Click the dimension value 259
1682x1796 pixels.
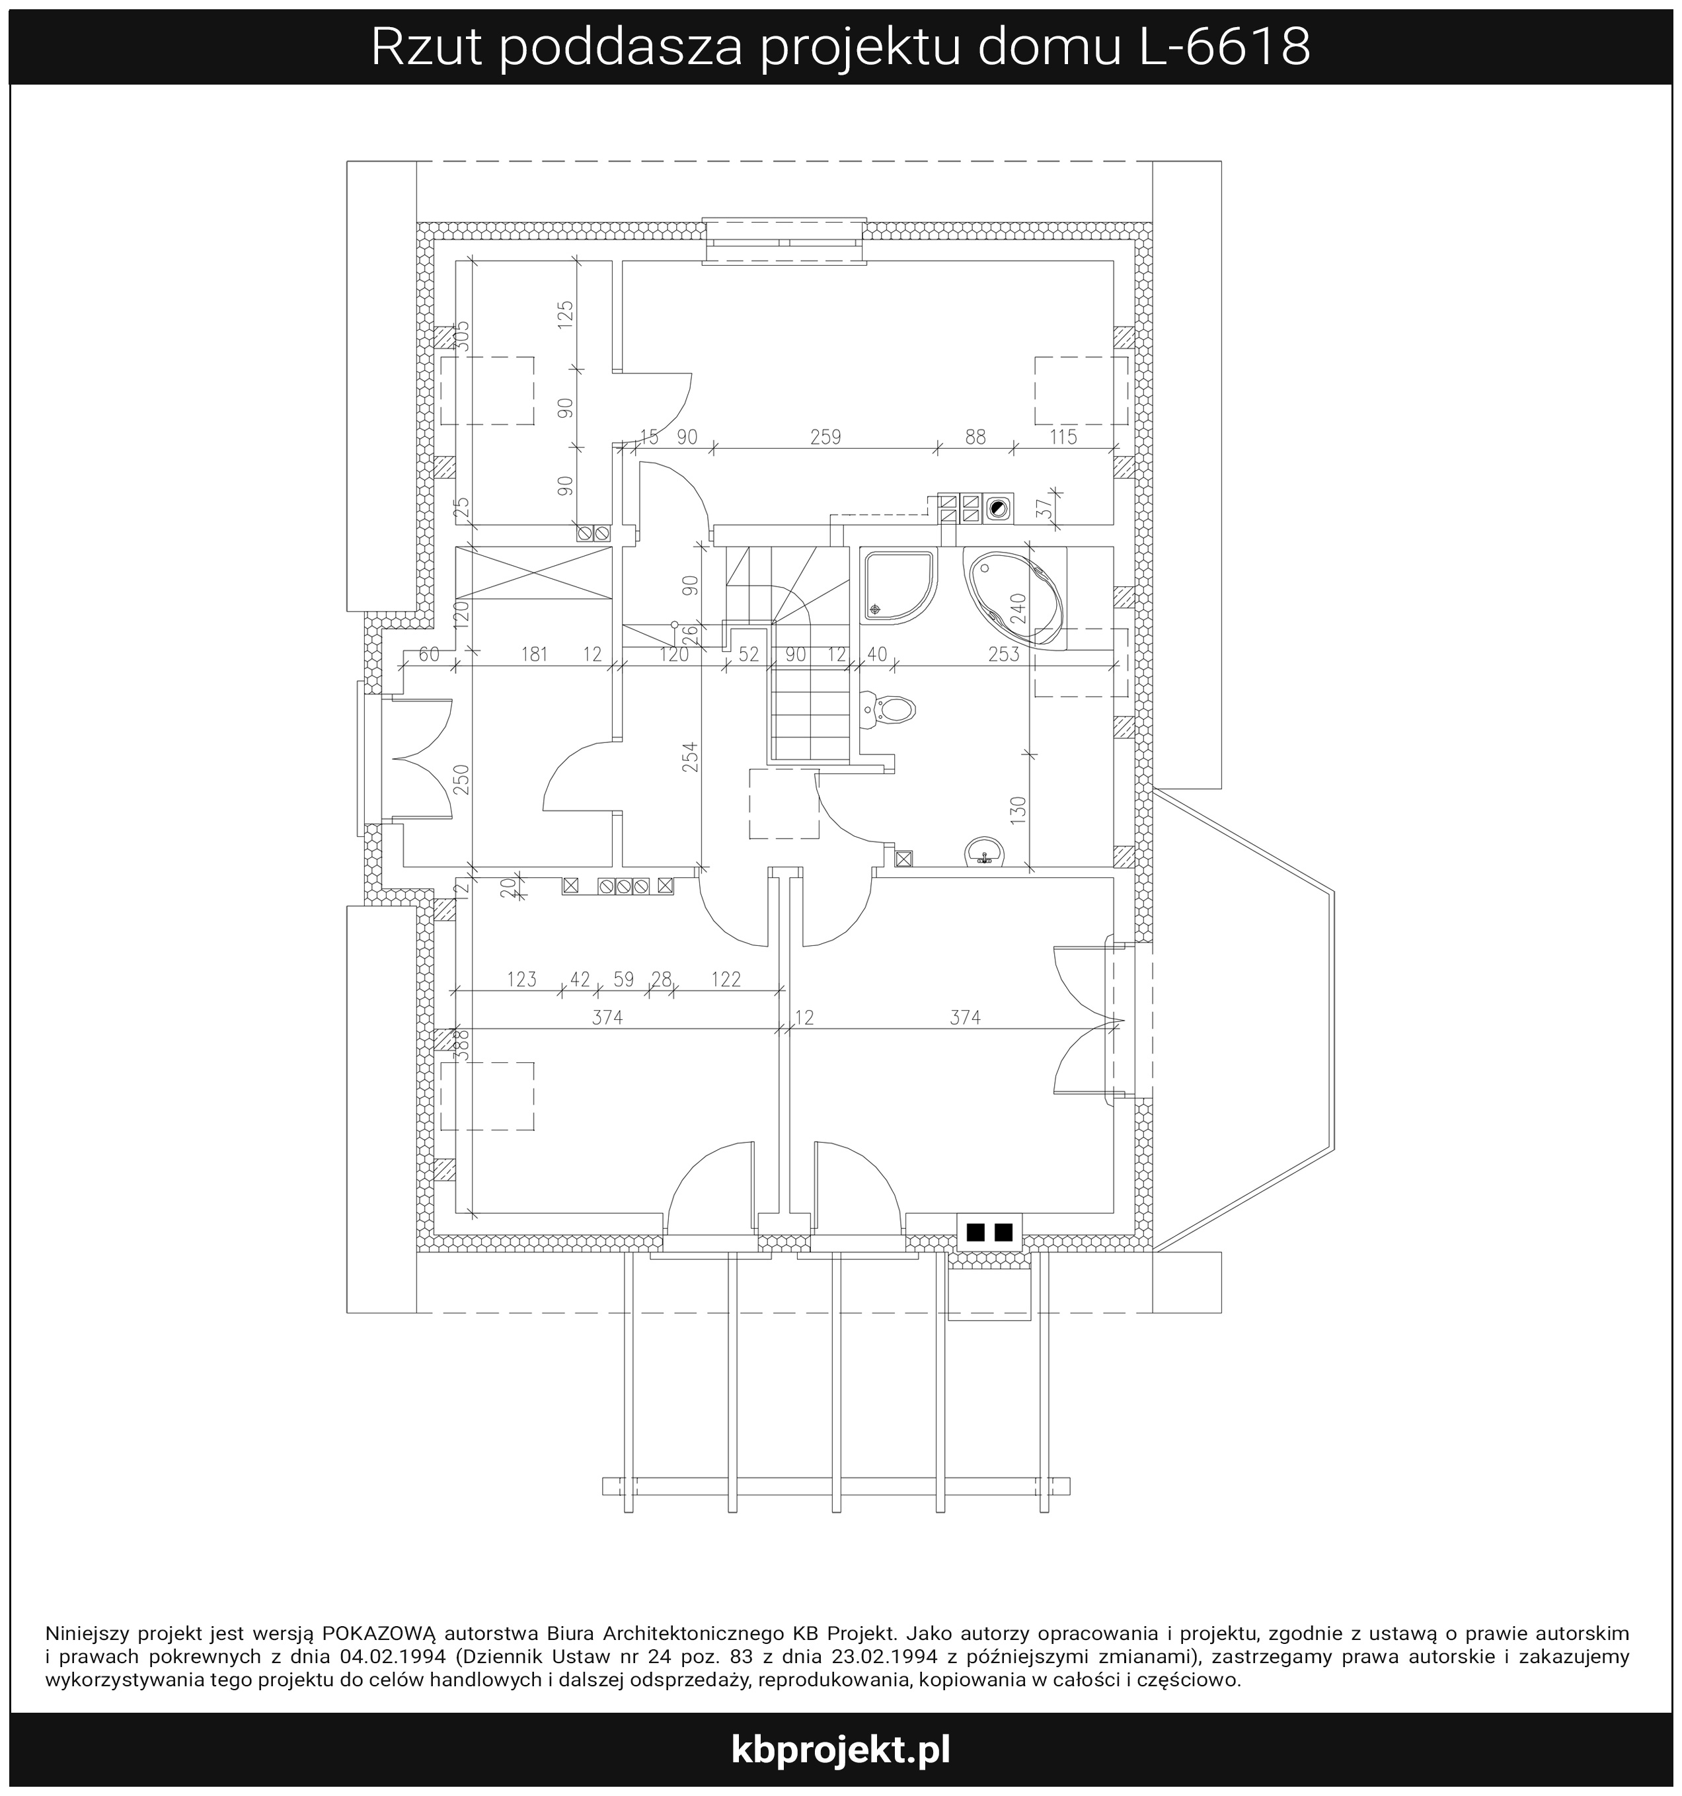tap(825, 437)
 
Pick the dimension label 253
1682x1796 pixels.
tap(1004, 654)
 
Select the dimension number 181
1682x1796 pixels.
tap(535, 654)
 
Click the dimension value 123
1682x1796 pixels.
tap(521, 980)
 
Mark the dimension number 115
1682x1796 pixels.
tap(1063, 437)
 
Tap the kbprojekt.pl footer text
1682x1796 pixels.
tap(840, 1750)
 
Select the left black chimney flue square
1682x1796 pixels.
tap(975, 1231)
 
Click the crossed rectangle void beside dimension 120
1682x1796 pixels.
tap(535, 572)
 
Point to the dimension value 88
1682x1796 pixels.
tap(975, 437)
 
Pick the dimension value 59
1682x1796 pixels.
tap(623, 980)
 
